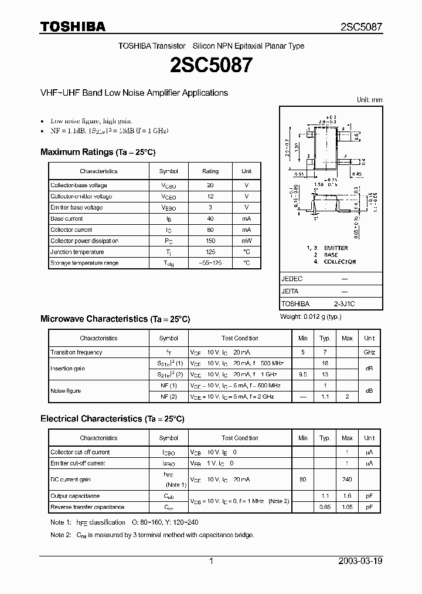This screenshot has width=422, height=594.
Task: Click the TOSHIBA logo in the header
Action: coord(73,26)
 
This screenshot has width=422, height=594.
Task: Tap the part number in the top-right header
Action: coord(362,27)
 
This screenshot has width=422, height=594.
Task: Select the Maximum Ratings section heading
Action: coord(98,152)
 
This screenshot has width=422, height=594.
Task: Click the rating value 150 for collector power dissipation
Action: coord(210,241)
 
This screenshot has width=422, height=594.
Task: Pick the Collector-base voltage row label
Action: coord(79,185)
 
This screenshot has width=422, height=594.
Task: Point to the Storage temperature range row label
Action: coord(84,263)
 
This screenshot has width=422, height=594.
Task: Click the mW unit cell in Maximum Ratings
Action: coord(246,241)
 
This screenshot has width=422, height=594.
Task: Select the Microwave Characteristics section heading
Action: coord(115,319)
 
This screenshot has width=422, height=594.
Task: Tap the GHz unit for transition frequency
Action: coord(369,352)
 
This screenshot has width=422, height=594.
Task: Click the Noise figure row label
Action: coord(66,391)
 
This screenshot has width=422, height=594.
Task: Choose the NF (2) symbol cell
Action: coord(168,397)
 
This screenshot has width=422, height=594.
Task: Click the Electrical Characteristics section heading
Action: coord(112,419)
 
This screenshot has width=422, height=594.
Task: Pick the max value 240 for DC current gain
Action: coord(347,480)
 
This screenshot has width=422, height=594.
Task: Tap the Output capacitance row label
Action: coord(75,496)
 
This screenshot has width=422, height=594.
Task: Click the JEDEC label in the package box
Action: coord(292,279)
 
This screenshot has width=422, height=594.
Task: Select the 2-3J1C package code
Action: coord(344,304)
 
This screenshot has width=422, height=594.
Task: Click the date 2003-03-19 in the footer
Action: coord(360,561)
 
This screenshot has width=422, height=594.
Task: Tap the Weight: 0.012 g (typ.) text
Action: coord(311,316)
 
